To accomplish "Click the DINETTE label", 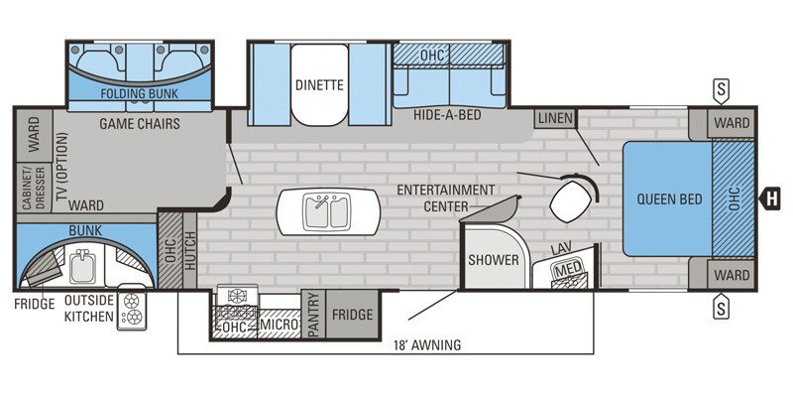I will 318,85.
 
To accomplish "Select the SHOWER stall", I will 494,260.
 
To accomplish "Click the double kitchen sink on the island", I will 328,211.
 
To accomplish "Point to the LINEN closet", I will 555,118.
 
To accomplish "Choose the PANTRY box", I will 313,315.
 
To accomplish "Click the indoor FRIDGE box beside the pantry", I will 352,315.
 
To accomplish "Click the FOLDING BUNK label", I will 140,94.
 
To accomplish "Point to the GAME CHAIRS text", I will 139,124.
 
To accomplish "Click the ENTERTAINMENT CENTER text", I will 445,198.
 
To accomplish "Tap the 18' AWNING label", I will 425,345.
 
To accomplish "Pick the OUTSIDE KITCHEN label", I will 89,307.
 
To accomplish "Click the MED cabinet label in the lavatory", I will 568,269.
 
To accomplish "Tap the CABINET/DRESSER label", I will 25,187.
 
